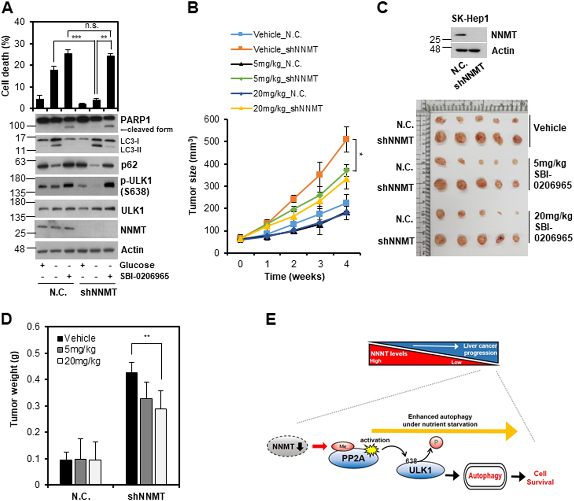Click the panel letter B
click(193, 7)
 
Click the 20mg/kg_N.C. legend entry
click(279, 94)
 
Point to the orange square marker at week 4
click(346, 139)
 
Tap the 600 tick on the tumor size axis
click(211, 119)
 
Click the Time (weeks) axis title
click(295, 276)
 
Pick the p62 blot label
click(129, 165)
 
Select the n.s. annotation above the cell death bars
click(92, 25)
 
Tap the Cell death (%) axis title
click(6, 66)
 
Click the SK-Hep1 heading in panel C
click(470, 18)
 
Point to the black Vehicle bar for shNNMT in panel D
click(132, 428)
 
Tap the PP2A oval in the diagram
click(353, 458)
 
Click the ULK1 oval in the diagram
click(420, 470)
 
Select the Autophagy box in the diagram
click(485, 476)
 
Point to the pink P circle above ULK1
click(436, 443)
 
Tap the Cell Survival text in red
click(540, 478)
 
